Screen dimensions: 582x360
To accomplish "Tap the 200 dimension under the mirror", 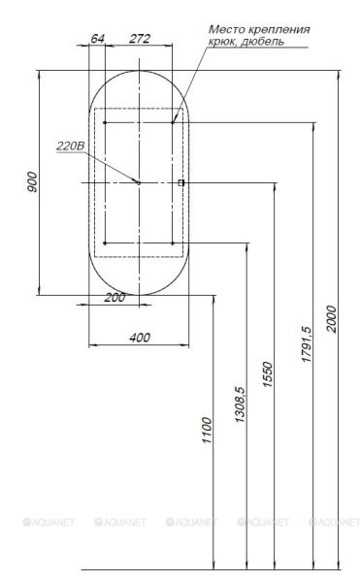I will [x=115, y=297].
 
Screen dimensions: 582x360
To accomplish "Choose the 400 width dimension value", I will [x=139, y=337].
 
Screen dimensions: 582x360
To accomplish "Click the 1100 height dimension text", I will [x=206, y=427].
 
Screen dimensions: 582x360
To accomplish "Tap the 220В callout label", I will [x=72, y=145].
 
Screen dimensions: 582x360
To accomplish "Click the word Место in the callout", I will [x=226, y=29].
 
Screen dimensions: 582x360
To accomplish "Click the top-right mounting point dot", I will [x=172, y=122].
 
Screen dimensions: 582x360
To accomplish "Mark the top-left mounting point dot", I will [x=104, y=122].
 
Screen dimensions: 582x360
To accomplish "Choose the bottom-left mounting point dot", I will [x=104, y=242].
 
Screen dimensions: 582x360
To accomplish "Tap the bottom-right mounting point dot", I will [x=172, y=242].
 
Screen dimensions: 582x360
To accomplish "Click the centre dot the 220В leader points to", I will [x=138, y=182].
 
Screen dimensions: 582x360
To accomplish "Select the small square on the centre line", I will [x=180, y=182].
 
